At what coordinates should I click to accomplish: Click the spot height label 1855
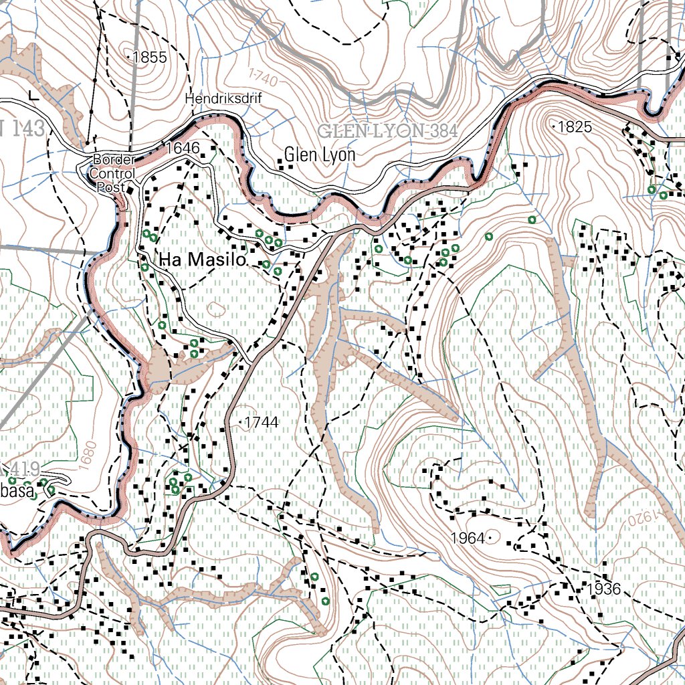[149, 58]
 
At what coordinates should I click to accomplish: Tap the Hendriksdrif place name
[224, 99]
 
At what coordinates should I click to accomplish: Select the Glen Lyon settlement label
[319, 155]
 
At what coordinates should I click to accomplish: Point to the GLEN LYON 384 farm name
[387, 130]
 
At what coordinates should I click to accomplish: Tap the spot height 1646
[184, 148]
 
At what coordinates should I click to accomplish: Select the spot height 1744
[261, 422]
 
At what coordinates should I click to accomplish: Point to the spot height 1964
[468, 537]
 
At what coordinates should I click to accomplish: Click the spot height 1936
[605, 589]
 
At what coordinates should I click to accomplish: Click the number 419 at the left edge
[25, 469]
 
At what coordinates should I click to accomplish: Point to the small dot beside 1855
[128, 58]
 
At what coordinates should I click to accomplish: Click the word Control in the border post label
[114, 174]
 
